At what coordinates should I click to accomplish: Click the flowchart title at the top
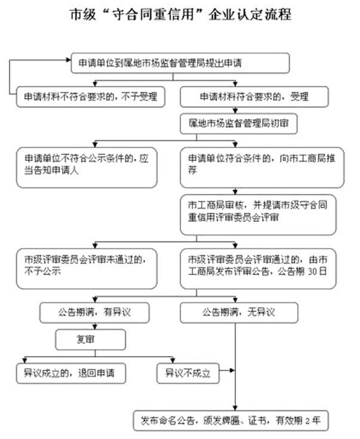click(x=180, y=14)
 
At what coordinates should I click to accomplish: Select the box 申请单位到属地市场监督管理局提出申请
click(x=180, y=63)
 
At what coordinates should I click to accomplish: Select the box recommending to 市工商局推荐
click(x=263, y=166)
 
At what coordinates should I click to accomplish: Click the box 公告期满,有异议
click(x=95, y=313)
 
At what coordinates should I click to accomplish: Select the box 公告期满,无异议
click(x=239, y=313)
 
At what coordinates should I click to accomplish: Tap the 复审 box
click(x=91, y=341)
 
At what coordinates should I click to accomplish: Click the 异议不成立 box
click(x=187, y=374)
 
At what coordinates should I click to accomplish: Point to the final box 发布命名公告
click(x=230, y=420)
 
